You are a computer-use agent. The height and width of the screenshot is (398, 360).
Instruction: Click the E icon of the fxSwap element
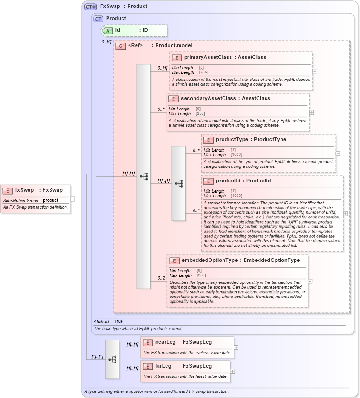coord(7,190)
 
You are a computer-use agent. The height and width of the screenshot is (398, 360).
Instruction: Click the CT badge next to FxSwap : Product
coord(90,7)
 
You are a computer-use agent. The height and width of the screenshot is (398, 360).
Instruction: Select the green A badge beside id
coord(108,30)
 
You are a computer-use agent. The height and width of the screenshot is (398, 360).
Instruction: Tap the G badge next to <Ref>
coord(121,46)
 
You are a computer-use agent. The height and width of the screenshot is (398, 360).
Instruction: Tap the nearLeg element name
coord(166,342)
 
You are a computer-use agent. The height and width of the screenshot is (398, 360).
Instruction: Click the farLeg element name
coord(163,366)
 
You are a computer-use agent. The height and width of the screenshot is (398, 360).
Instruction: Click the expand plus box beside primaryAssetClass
coord(315,71)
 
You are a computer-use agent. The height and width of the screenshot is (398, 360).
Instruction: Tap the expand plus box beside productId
coord(346,213)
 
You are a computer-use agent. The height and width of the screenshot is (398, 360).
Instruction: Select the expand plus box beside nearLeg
coord(236,347)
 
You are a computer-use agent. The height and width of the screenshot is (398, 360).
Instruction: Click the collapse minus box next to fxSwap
coord(72,199)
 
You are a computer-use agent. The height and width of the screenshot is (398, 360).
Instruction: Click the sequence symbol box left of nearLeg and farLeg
coord(112,359)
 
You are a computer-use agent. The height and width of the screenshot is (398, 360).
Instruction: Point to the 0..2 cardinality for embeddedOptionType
coord(161,278)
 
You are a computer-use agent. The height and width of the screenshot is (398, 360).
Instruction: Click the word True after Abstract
coord(119,322)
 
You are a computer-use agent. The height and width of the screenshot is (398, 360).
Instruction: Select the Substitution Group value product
coord(50,200)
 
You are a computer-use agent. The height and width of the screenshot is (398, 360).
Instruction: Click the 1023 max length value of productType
coord(236,154)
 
